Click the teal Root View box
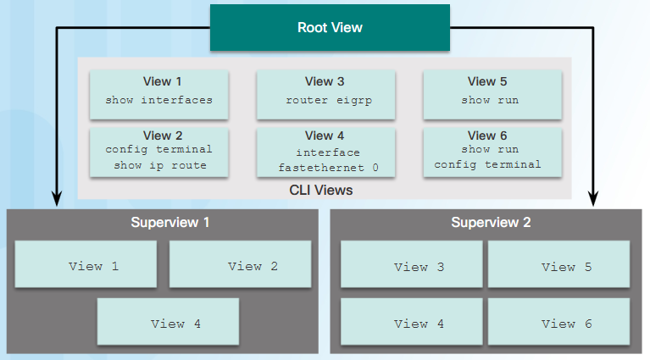[x=330, y=28]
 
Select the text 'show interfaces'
[x=158, y=100]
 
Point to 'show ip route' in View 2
[x=159, y=165]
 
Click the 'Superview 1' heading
[x=170, y=223]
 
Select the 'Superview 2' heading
[x=491, y=223]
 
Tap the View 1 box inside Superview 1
[x=86, y=265]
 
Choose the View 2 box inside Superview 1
[x=240, y=265]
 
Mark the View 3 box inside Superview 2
[x=411, y=266]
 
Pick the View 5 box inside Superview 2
[x=558, y=266]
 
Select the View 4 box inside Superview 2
[x=411, y=322]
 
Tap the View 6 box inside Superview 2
[x=558, y=322]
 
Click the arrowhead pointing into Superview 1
[x=57, y=200]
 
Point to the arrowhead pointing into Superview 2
[x=592, y=200]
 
